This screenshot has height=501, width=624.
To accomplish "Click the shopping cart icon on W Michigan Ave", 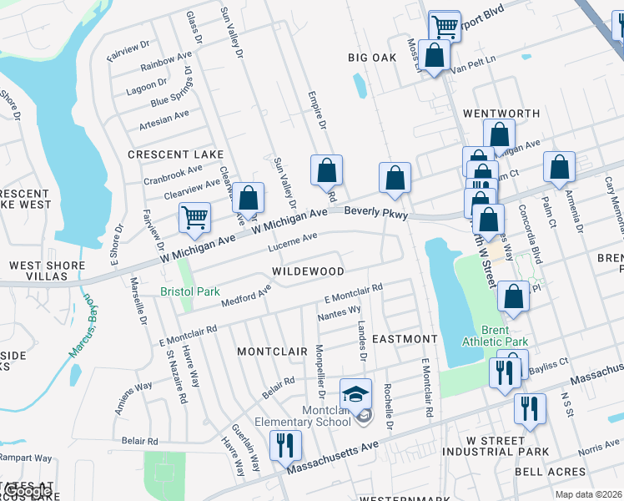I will click(x=194, y=218).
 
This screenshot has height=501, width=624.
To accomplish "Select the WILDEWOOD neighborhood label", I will click(x=308, y=272).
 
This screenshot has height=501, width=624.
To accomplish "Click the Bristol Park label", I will click(x=189, y=293).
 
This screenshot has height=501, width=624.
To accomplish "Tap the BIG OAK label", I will click(x=371, y=58).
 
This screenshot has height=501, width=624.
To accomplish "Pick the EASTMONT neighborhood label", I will click(x=405, y=339).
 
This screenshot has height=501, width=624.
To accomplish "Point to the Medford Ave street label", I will click(x=247, y=295).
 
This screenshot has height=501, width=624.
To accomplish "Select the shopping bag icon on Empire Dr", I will click(x=327, y=170).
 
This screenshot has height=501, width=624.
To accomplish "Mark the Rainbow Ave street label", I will click(x=166, y=63).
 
